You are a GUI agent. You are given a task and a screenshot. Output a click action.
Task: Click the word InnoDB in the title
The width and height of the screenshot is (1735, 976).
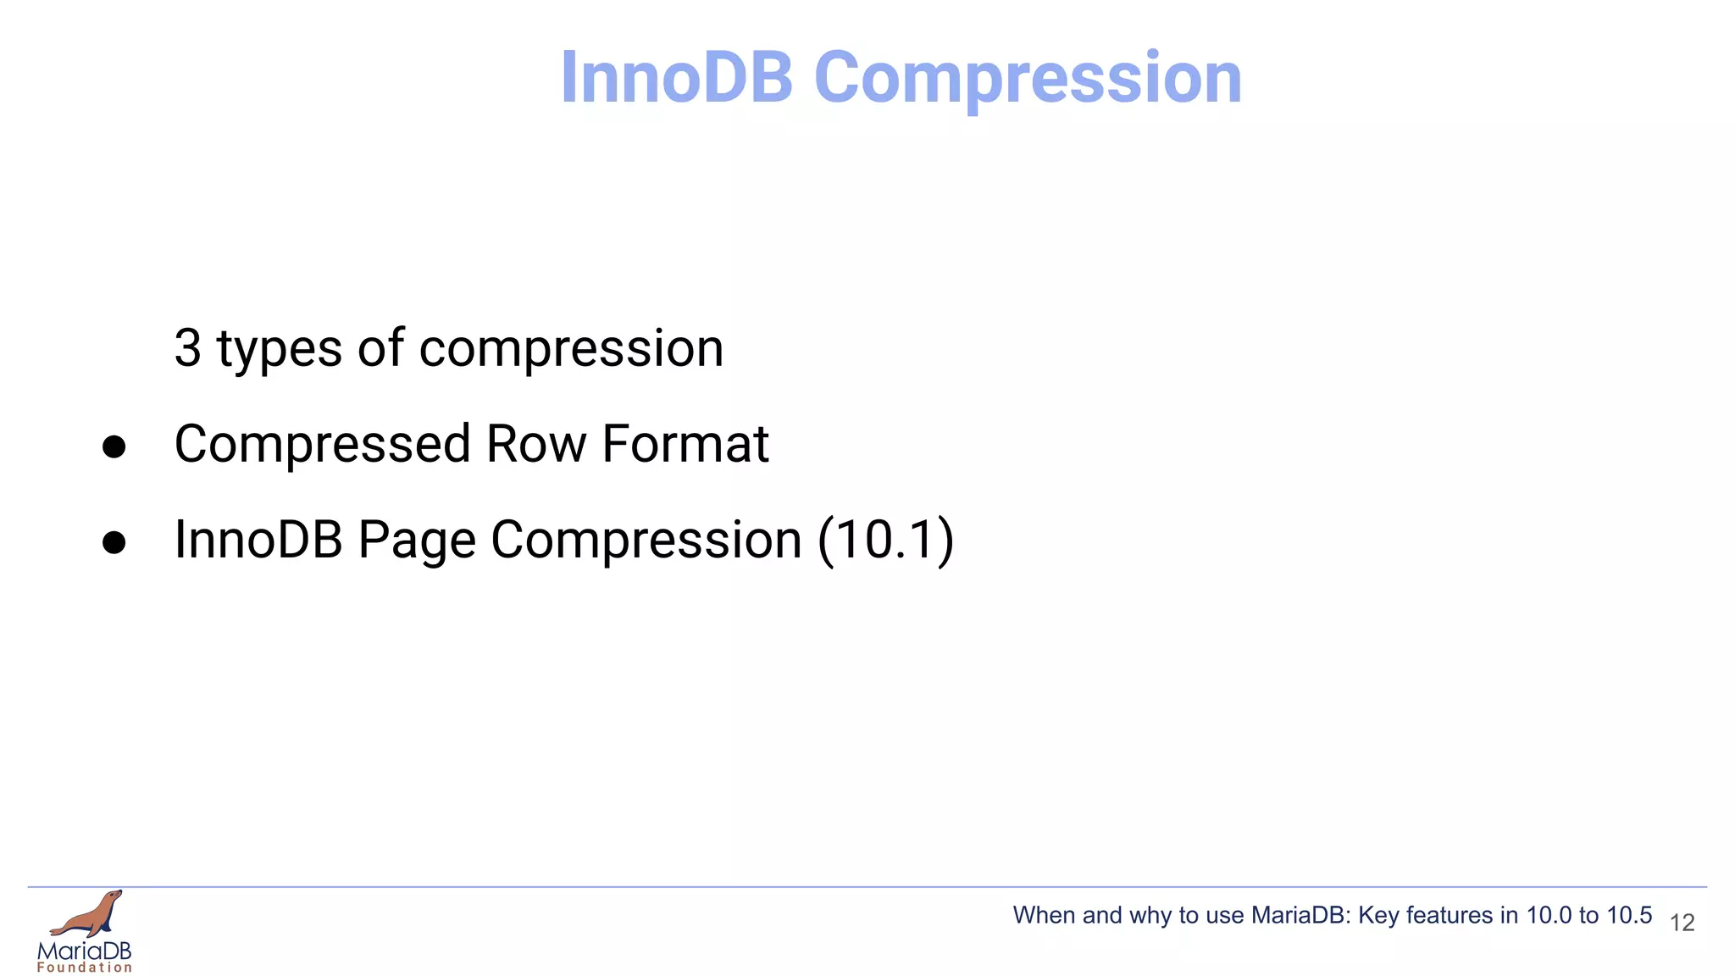coord(676,78)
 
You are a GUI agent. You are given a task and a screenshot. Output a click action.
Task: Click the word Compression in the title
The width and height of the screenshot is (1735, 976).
coord(1028,78)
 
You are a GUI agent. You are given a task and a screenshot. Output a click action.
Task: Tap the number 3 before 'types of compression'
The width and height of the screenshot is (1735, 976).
coord(187,348)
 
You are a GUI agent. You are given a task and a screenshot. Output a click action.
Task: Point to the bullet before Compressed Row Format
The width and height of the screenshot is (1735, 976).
coord(114,446)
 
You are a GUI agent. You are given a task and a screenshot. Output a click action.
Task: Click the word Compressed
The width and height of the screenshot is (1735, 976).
coord(322,445)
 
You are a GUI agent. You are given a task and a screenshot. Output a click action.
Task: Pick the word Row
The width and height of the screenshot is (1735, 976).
coord(535,444)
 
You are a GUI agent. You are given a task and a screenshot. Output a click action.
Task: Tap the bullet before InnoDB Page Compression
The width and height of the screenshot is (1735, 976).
coord(114,542)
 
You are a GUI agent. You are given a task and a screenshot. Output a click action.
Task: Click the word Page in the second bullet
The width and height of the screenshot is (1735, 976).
coord(416,541)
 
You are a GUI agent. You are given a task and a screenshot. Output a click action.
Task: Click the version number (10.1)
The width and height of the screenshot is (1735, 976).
coord(885,540)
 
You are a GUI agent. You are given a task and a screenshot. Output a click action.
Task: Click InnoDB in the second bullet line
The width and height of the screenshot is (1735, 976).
coord(258,540)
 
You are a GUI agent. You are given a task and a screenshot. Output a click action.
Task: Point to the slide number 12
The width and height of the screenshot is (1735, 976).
coord(1682,923)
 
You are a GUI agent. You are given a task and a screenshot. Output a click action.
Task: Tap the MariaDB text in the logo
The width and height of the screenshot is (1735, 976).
coord(85,951)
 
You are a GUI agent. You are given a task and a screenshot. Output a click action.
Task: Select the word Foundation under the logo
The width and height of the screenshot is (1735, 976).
coord(85,968)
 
